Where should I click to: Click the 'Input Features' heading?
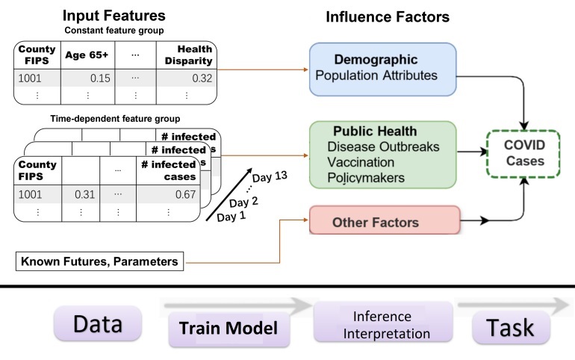(114, 15)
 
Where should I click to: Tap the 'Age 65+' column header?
(87, 57)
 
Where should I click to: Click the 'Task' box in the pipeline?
(512, 326)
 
